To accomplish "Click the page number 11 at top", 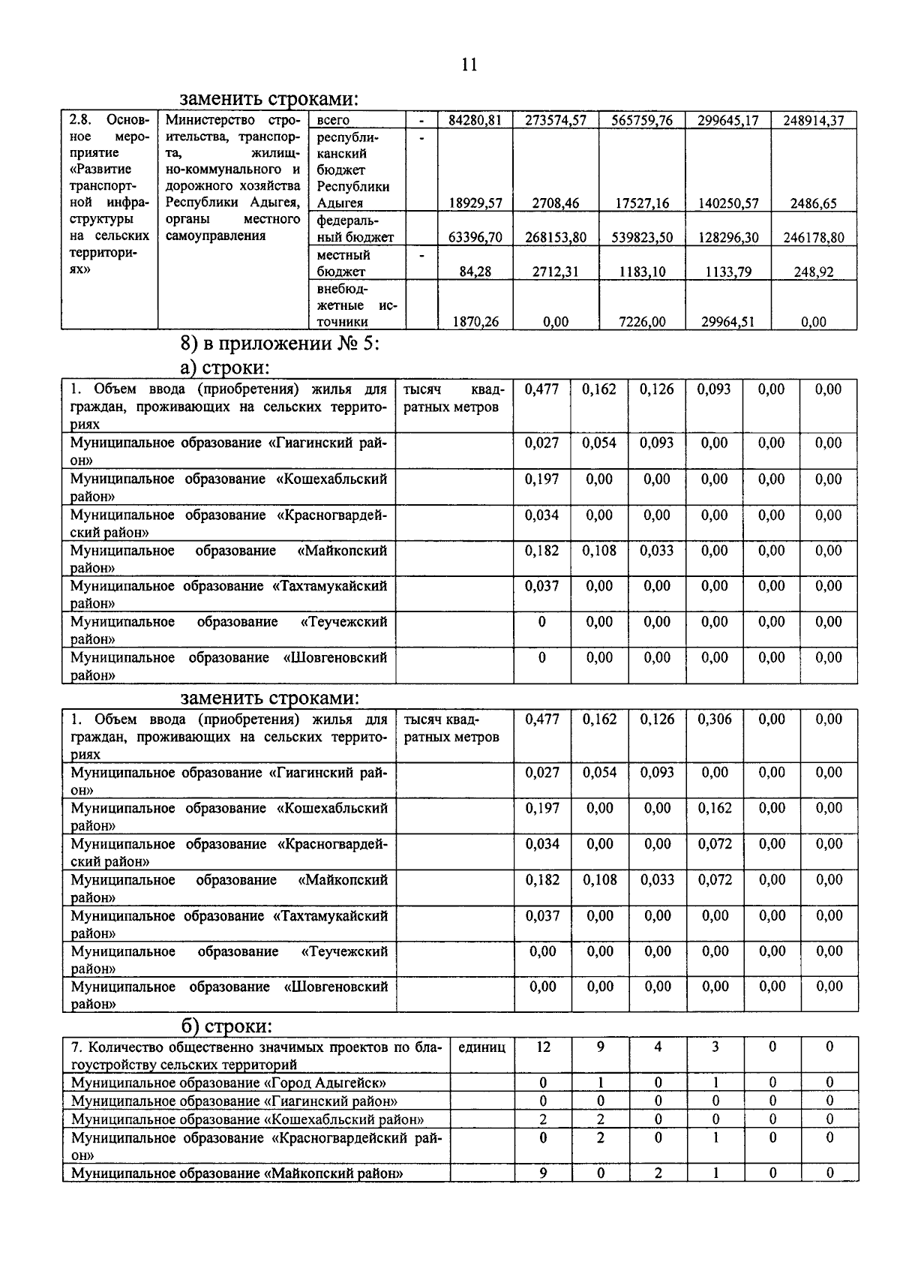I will [x=469, y=65].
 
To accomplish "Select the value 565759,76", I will [x=641, y=120].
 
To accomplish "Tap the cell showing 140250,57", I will [x=727, y=203].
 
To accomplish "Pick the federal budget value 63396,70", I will [x=475, y=238].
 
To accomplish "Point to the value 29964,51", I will [x=727, y=322].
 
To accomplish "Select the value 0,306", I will [x=715, y=719].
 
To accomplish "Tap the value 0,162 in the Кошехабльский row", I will [x=715, y=808].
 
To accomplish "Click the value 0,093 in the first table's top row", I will [x=713, y=389].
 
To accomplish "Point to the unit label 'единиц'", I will [x=481, y=1047].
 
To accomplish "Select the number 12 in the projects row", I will [x=543, y=1047].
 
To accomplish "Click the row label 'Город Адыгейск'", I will [x=229, y=1083].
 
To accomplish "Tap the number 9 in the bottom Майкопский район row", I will [x=543, y=1173].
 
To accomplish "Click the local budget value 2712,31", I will [x=555, y=272].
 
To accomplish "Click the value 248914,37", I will [x=813, y=120].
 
